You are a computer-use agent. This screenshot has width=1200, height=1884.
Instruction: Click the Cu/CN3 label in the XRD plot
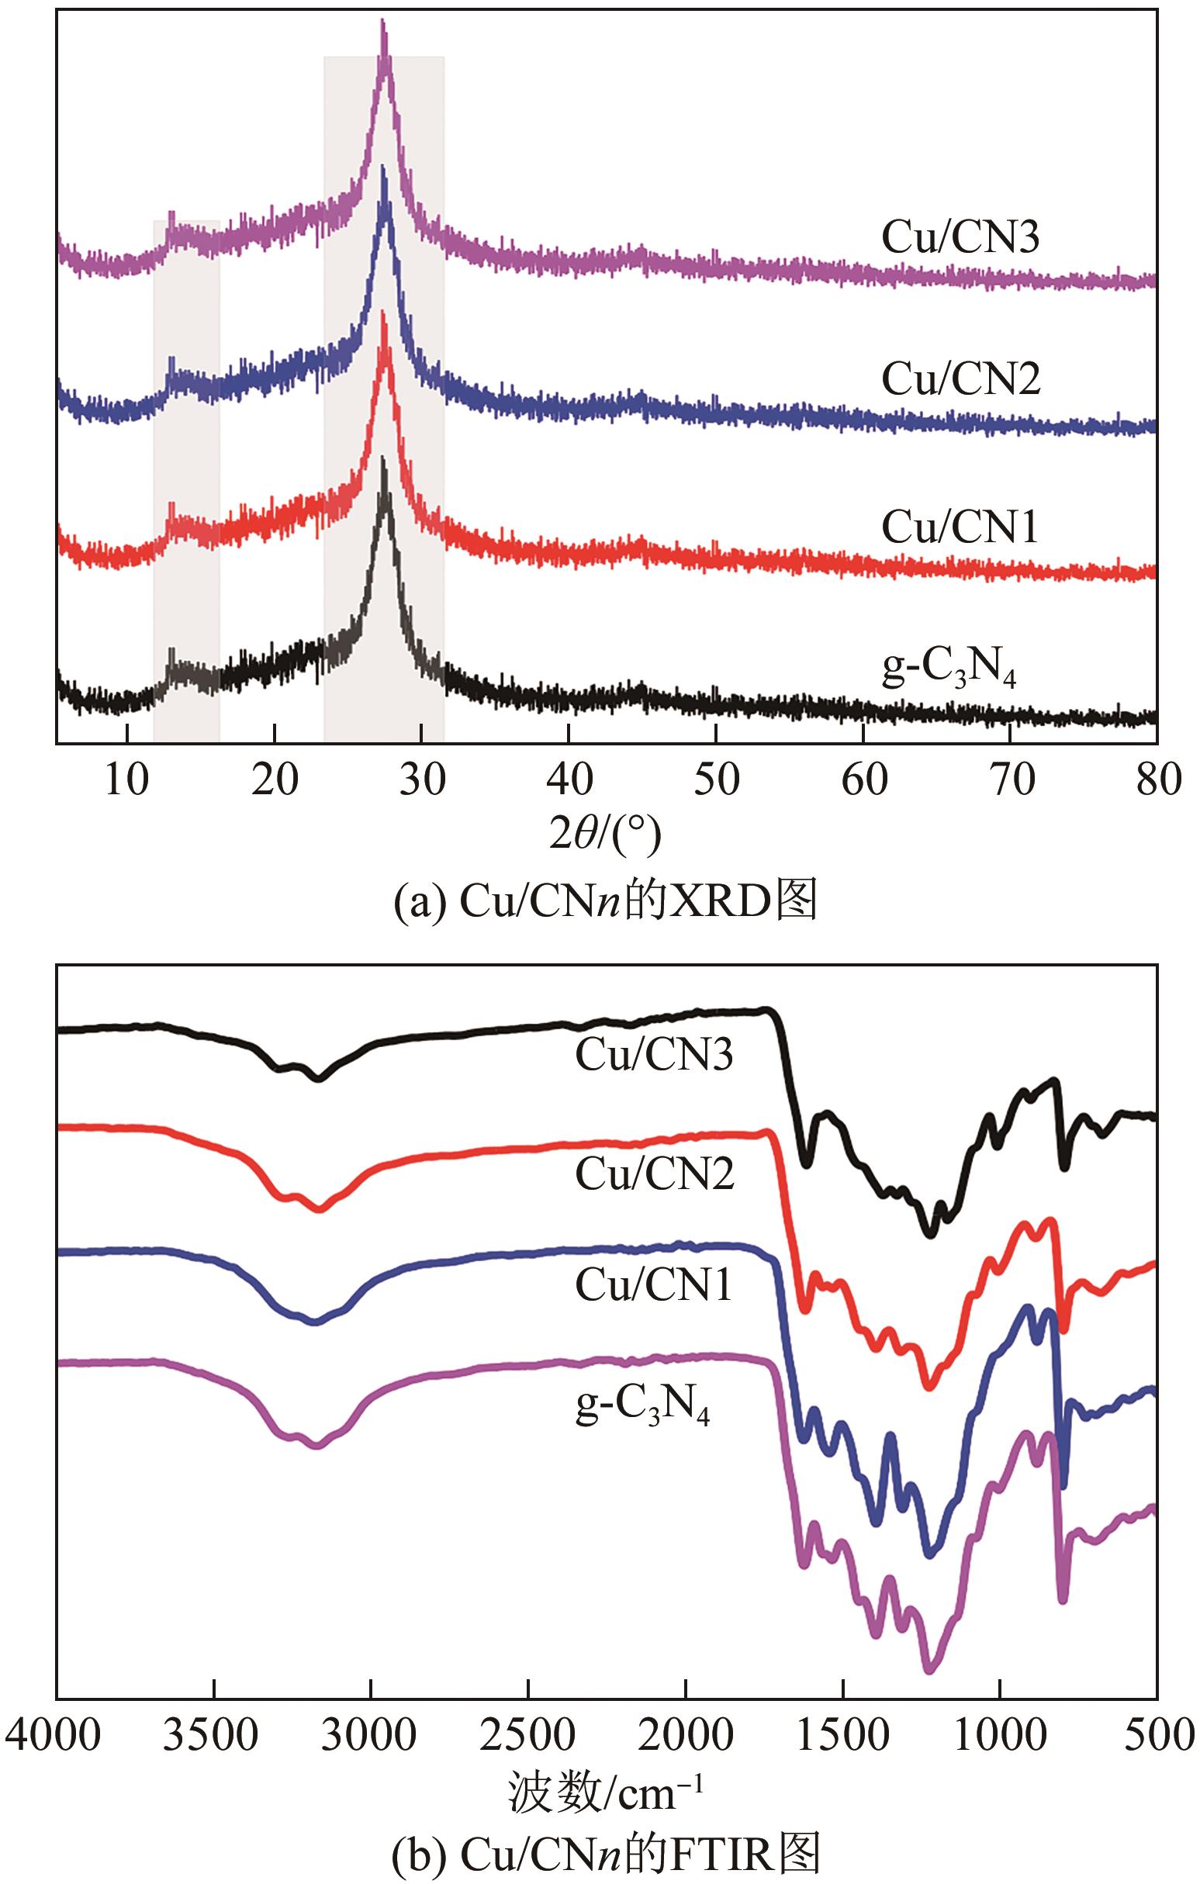pos(960,237)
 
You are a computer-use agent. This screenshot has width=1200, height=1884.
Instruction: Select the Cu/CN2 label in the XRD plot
pos(960,379)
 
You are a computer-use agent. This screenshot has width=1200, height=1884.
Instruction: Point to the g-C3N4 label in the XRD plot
pos(948,670)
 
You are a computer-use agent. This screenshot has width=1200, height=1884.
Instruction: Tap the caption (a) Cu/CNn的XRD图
pos(605,902)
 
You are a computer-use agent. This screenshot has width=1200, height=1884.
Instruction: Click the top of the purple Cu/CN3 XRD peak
pos(383,22)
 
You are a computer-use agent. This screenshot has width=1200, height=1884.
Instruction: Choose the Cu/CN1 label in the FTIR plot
pos(654,1285)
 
